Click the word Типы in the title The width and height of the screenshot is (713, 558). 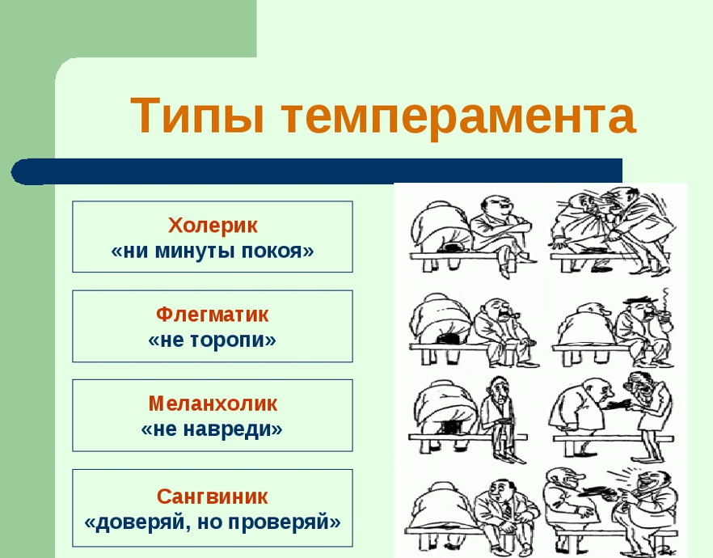point(197,115)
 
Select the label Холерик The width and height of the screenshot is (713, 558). point(213,225)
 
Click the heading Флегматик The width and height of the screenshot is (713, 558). point(213,315)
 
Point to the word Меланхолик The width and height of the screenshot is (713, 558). point(213,404)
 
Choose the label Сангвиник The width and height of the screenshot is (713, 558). point(213,497)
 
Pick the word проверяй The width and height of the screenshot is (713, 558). point(284,522)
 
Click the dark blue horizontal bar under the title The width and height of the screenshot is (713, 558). point(317,171)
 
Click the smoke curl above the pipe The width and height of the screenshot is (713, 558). point(666,298)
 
